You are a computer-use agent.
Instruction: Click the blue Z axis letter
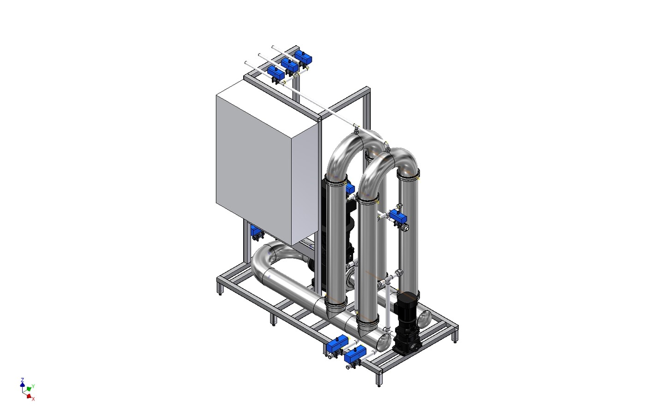[22, 379]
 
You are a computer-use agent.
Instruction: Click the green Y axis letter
[33, 386]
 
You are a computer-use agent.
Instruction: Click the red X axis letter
[33, 399]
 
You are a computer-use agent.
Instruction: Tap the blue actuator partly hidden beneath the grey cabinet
[257, 233]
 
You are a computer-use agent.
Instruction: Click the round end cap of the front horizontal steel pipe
[384, 342]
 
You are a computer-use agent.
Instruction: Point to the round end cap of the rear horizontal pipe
[425, 318]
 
